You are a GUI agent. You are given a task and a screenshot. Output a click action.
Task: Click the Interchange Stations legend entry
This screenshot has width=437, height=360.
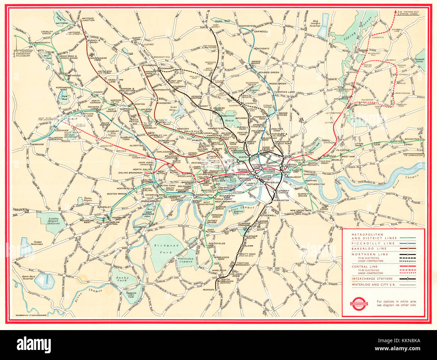tap(372, 279)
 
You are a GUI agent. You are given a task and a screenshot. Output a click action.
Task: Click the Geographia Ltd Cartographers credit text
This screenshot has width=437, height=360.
tap(31, 316)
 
